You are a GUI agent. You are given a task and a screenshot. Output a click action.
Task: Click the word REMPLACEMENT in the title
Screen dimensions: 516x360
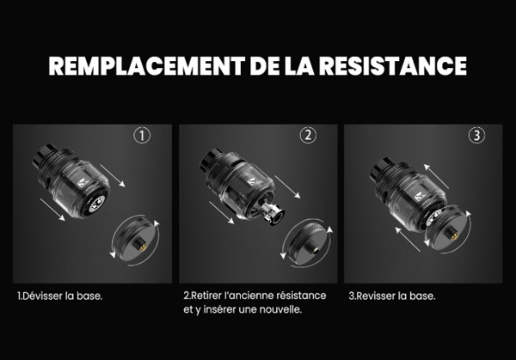pos(147,66)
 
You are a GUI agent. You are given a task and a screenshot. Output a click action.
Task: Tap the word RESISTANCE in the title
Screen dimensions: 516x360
pos(393,66)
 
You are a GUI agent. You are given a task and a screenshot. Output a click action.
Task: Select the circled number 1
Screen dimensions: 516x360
pos(142,136)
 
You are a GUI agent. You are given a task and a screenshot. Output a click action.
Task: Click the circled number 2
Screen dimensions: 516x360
pos(308,135)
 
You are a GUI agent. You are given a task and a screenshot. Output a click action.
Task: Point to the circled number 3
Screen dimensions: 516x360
pos(476,135)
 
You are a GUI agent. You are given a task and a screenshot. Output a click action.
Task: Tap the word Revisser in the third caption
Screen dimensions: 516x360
pos(376,296)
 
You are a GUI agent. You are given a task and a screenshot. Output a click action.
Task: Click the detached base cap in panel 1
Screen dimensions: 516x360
pos(136,239)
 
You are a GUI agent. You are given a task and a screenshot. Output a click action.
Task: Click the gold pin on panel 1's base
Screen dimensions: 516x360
pos(144,247)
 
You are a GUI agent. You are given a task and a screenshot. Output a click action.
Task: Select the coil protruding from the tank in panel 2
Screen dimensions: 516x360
pos(272,213)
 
